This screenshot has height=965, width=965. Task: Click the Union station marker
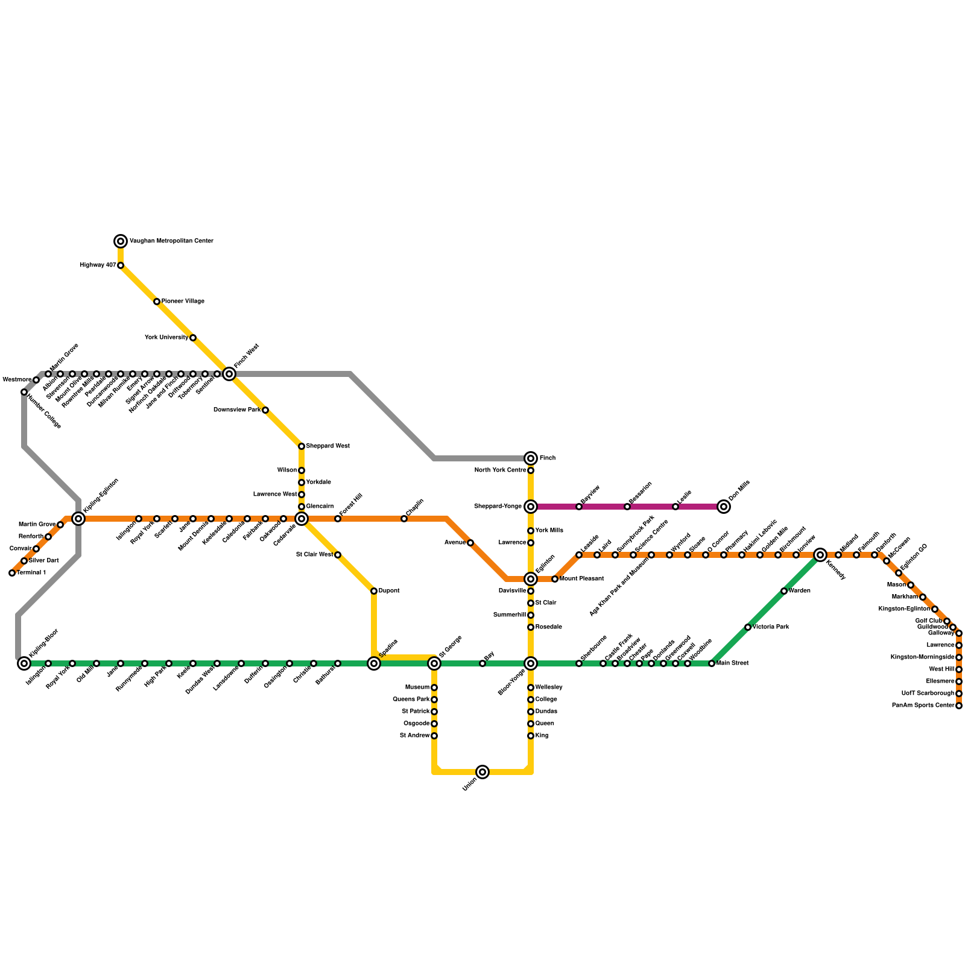482,772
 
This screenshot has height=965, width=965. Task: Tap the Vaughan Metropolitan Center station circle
121,241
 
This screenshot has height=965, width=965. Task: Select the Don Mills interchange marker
724,507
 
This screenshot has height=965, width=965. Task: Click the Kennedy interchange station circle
820,555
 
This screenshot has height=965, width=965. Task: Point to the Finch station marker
531,458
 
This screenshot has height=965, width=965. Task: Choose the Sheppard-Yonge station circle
531,507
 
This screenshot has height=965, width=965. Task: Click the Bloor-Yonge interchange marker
531,663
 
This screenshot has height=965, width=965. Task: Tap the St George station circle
434,663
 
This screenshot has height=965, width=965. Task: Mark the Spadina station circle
374,663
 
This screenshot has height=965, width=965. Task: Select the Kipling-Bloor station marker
24,663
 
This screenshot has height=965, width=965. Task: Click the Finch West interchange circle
229,374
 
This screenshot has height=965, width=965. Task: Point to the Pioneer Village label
183,302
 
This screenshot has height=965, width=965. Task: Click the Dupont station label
389,591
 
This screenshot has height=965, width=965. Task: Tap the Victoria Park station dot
748,627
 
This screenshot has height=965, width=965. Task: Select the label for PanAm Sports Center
923,706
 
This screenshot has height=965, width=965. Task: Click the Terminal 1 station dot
12,573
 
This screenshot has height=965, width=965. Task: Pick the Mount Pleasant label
581,579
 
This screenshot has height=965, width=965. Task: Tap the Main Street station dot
712,663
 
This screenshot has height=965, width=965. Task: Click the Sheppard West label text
327,446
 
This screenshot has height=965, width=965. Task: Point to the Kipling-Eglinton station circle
78,519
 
